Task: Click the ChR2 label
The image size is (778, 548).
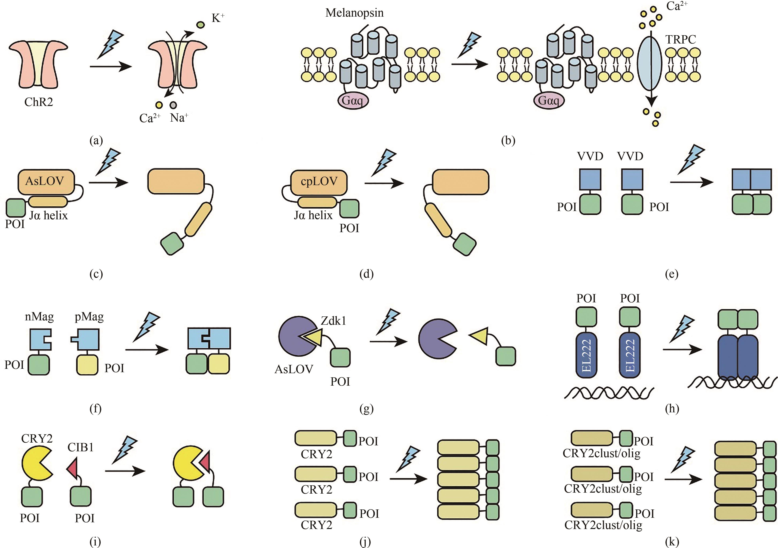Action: [39, 102]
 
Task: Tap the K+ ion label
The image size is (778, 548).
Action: [218, 18]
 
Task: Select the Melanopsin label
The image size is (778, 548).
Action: [354, 13]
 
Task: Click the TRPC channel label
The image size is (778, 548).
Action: [680, 40]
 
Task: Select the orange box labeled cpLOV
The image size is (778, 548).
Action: [319, 182]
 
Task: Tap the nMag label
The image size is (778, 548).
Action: [39, 317]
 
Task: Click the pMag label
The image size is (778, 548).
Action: [89, 317]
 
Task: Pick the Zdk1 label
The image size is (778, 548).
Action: [333, 320]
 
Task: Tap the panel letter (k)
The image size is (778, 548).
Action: [672, 542]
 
